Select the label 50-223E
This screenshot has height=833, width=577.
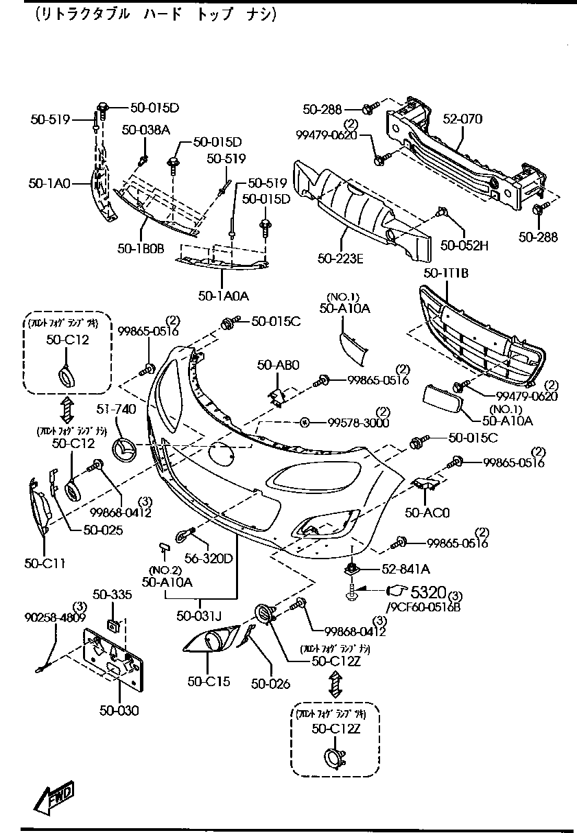(x=340, y=258)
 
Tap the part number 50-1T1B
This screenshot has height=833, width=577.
(x=446, y=273)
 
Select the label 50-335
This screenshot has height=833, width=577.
(x=112, y=594)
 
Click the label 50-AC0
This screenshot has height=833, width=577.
(x=426, y=512)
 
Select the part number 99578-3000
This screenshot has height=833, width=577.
(x=357, y=423)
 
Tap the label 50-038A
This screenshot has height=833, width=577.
(x=146, y=130)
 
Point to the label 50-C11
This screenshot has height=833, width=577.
(x=45, y=563)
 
